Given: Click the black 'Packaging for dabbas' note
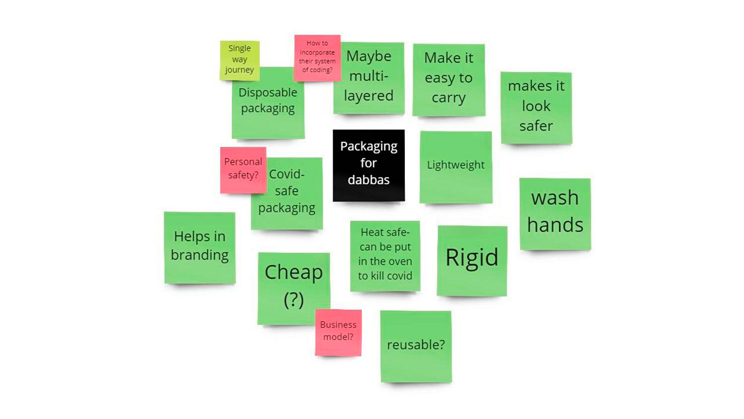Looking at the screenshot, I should pos(369,165).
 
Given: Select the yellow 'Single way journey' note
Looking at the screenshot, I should pos(240,60).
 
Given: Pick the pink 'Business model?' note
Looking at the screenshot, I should pos(338,331).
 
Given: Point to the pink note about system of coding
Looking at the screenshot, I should pos(317,57).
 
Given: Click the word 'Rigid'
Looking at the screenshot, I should pos(472,258).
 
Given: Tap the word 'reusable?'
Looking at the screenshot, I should pos(416,345).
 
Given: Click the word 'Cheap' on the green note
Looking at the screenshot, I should pos(294,272).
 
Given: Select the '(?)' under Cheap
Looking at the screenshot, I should pos(294,299).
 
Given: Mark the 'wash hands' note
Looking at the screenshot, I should pos(555,212).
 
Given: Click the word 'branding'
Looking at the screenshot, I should pos(199,255).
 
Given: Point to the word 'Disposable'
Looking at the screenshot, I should pos(268,93).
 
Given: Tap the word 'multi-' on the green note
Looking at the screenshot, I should pos(369,76).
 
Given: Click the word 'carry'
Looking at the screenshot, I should pos(448,98).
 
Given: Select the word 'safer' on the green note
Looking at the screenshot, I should pos(536,126).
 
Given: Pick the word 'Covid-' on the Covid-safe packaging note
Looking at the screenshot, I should pos(287,174).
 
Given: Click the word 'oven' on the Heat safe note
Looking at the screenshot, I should pos(399,261).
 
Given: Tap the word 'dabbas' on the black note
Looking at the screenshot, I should pos(369,180).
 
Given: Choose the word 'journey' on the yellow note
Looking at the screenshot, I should pos(240,70).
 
